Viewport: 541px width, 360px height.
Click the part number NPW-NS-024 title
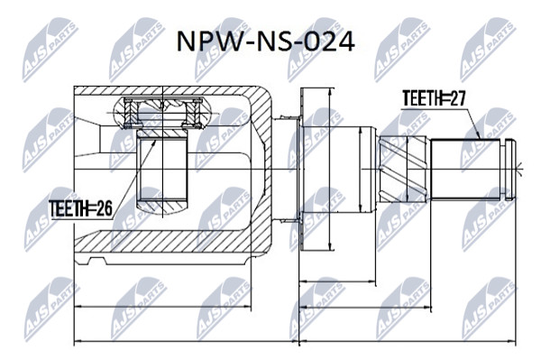coord(265,42)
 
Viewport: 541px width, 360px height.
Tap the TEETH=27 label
coord(434,98)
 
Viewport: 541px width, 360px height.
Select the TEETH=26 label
coord(81,208)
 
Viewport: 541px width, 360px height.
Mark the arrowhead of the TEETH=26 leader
coord(153,143)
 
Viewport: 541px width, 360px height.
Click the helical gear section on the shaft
coord(404,169)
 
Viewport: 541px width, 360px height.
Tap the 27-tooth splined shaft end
coord(465,169)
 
